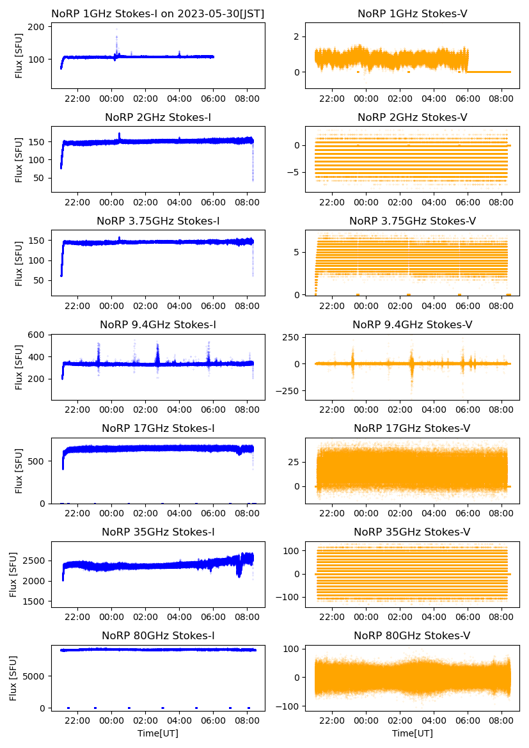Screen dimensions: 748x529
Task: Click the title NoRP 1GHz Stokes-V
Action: click(412, 13)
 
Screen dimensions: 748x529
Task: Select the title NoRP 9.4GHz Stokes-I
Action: click(158, 325)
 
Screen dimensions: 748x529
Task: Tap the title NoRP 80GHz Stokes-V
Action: click(412, 636)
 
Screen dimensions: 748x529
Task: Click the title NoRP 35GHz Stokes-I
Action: click(158, 532)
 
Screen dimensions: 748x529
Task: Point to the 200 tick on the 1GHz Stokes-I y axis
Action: click(36, 27)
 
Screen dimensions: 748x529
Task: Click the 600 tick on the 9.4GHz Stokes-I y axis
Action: click(36, 335)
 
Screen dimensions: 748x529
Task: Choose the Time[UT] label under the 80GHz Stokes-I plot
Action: click(158, 733)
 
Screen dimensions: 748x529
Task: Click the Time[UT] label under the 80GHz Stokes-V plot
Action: click(412, 733)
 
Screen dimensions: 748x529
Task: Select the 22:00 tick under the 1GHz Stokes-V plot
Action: click(331, 99)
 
